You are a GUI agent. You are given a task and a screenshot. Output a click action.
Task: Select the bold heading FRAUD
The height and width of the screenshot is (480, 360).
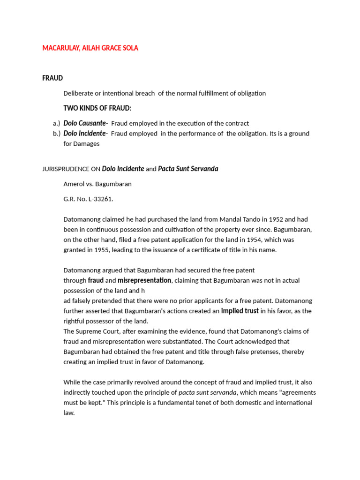pyautogui.click(x=52, y=78)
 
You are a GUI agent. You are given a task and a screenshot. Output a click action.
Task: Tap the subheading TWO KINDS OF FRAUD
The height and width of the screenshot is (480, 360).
pyautogui.click(x=97, y=108)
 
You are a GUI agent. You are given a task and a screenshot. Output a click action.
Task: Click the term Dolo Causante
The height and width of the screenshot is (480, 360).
pyautogui.click(x=85, y=123)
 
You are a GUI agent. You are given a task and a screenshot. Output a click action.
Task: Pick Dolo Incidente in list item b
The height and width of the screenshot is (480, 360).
pyautogui.click(x=85, y=134)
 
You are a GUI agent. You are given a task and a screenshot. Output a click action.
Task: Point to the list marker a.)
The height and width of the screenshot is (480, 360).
pyautogui.click(x=56, y=123)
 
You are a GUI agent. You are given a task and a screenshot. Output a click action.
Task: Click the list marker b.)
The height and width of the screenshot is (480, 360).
pyautogui.click(x=56, y=134)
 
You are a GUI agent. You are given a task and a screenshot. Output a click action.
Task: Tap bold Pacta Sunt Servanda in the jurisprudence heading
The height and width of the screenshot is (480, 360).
pyautogui.click(x=188, y=169)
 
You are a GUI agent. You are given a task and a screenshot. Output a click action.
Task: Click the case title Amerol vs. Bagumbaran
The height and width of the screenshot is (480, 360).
pyautogui.click(x=97, y=184)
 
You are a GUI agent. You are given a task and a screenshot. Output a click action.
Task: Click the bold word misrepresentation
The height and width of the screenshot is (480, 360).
pyautogui.click(x=144, y=280)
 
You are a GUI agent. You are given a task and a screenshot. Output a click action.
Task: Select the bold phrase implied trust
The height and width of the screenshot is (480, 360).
pyautogui.click(x=240, y=311)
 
